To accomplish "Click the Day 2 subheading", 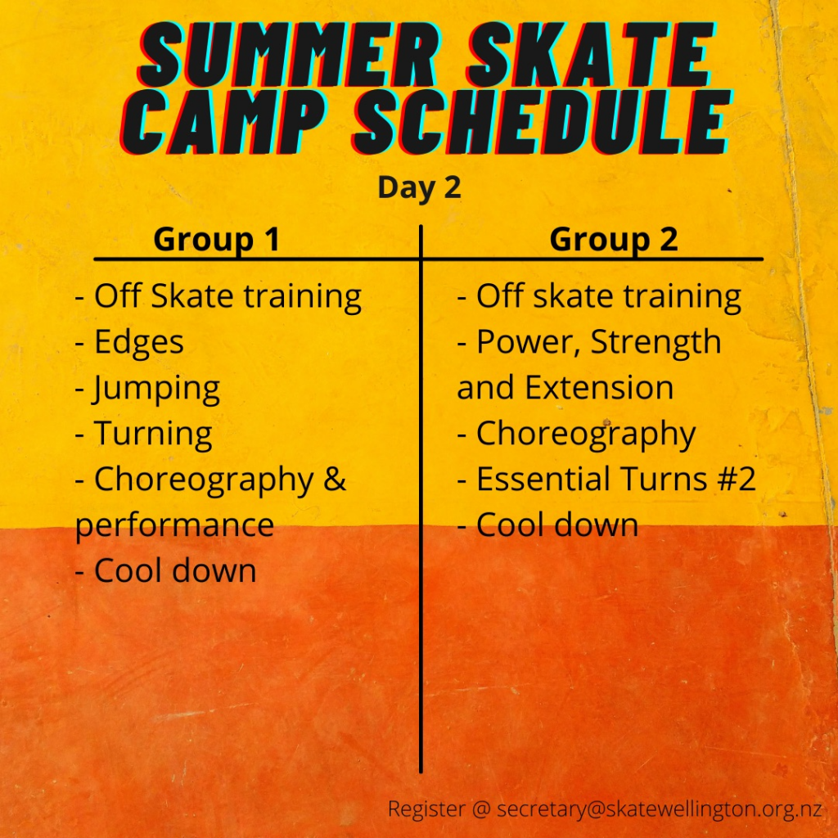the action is point(419,188).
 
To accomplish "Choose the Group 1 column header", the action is point(216,239).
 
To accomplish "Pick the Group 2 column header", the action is point(614,239).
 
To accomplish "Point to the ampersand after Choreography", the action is point(335,479).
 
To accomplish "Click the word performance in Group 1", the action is point(175,526).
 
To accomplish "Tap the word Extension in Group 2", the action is point(599,387).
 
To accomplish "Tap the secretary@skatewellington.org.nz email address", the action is point(659,809).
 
